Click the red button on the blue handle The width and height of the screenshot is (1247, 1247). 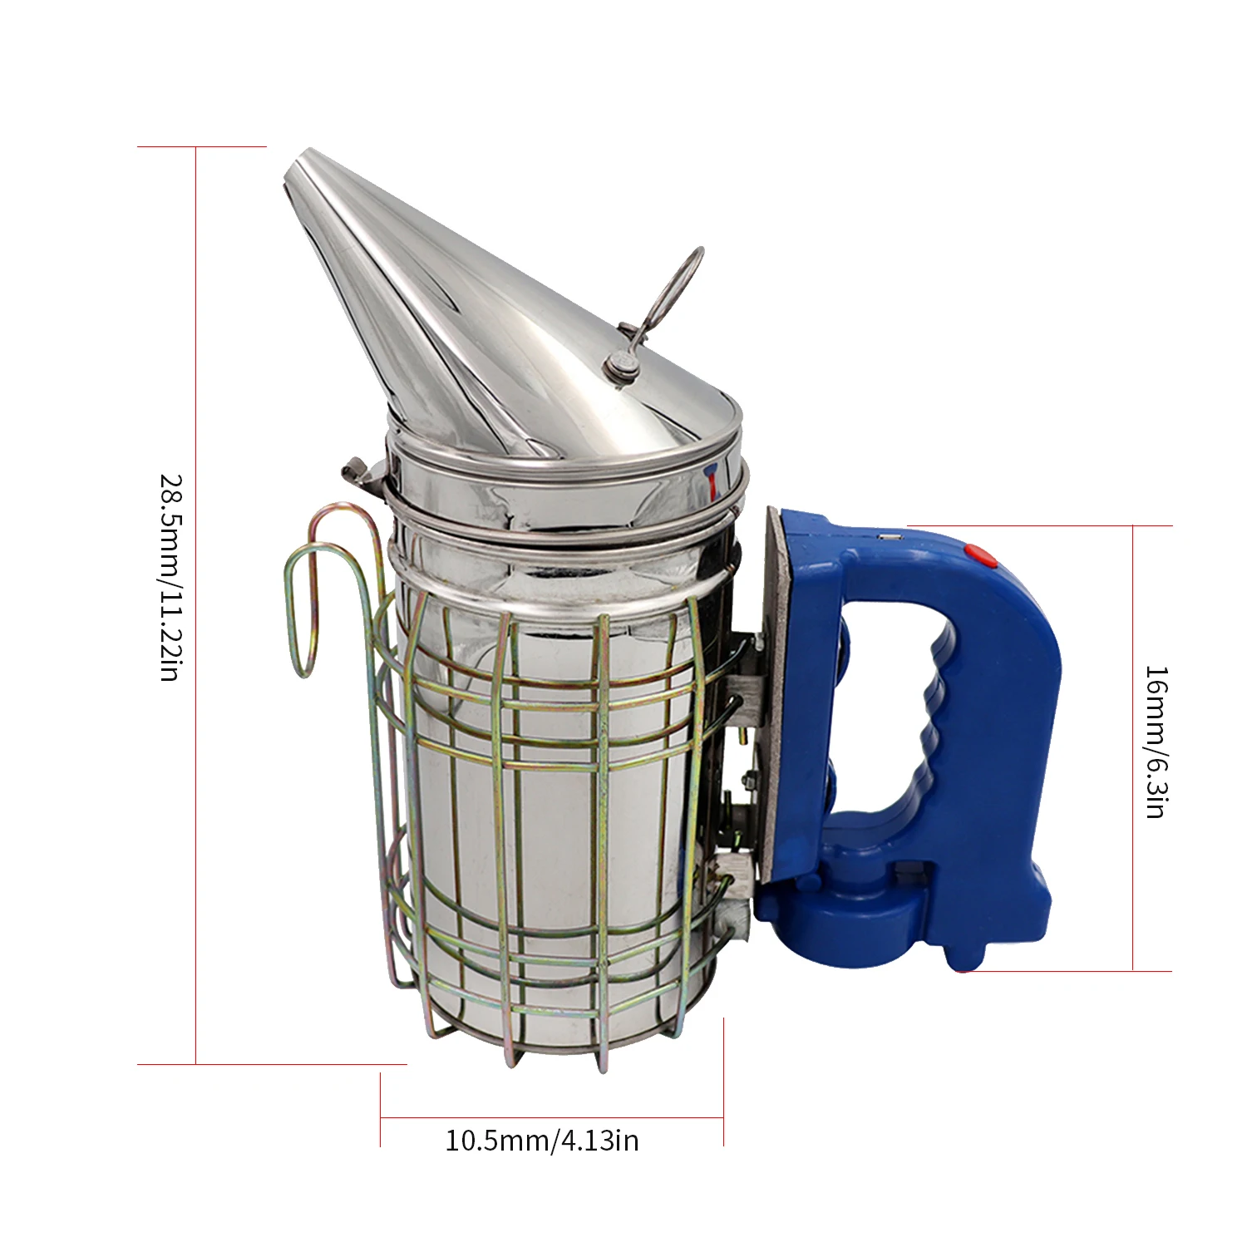[979, 555]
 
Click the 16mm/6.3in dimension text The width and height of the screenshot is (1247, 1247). [1156, 742]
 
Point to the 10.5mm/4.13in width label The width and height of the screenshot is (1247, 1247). [542, 1140]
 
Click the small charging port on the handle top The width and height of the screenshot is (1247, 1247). [891, 539]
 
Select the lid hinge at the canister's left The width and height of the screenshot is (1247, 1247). [359, 474]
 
